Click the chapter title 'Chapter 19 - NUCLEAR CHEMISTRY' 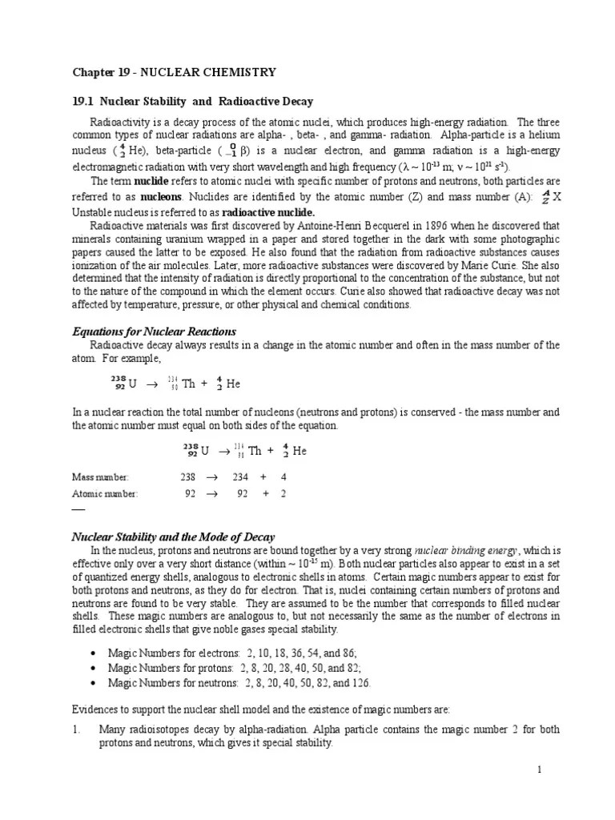click(x=175, y=72)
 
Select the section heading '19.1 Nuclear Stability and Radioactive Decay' click(x=193, y=102)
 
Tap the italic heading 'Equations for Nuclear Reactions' click(x=155, y=332)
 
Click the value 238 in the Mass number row click(x=188, y=476)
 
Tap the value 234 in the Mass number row click(x=240, y=476)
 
